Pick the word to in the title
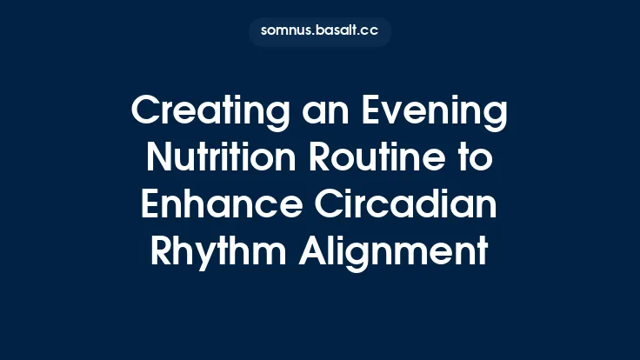(x=477, y=157)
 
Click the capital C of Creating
(x=143, y=113)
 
